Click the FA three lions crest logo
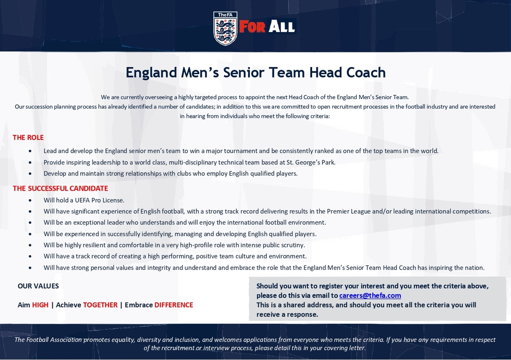pyautogui.click(x=225, y=29)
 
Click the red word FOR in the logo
pyautogui.click(x=252, y=26)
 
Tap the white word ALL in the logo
pyautogui.click(x=281, y=26)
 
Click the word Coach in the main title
pyautogui.click(x=366, y=72)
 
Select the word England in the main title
pyautogui.click(x=152, y=73)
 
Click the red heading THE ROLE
pyautogui.click(x=28, y=137)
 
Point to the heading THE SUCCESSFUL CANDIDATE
pyautogui.click(x=60, y=189)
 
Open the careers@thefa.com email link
pyautogui.click(x=370, y=295)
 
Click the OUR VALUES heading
pyautogui.click(x=38, y=286)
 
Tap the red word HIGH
pyautogui.click(x=40, y=305)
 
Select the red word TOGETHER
pyautogui.click(x=100, y=305)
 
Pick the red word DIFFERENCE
pyautogui.click(x=174, y=305)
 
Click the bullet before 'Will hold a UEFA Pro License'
pyautogui.click(x=30, y=200)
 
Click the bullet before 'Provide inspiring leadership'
pyautogui.click(x=30, y=163)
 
